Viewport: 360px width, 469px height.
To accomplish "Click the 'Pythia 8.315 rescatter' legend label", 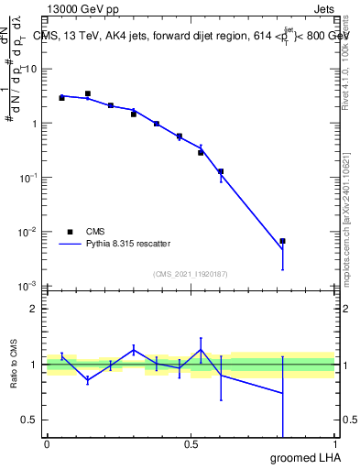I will point(128,244).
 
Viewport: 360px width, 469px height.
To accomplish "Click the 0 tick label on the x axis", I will point(47,444).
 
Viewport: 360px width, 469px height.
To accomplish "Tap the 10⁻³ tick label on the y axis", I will point(27,286).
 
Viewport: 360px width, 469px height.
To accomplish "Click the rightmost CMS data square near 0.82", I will point(283,241).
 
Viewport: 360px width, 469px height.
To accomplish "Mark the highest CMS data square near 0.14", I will point(88,93).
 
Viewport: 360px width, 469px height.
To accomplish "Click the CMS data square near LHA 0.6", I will point(221,171).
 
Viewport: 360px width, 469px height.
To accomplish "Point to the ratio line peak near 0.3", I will point(134,348).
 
